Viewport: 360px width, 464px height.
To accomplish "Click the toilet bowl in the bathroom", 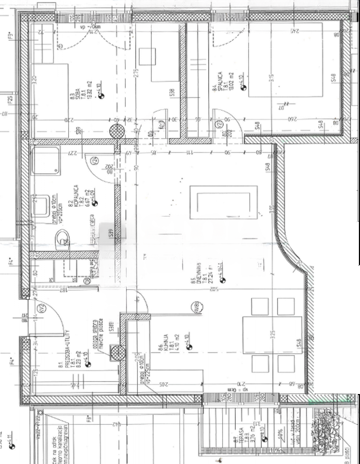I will tap(62, 240).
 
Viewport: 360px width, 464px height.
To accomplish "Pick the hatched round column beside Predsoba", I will tap(117, 352).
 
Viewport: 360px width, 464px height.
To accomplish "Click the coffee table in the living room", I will tap(224, 202).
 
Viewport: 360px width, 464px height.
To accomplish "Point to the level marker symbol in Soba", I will tap(101, 96).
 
